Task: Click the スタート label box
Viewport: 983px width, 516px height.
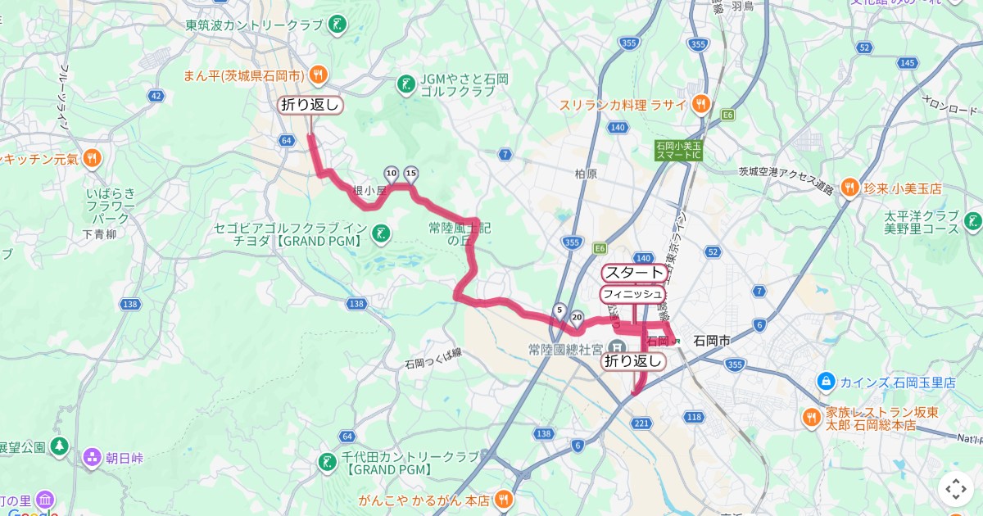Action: click(634, 273)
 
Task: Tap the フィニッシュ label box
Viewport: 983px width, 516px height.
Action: click(632, 293)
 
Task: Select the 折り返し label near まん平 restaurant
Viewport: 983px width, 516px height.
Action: click(310, 105)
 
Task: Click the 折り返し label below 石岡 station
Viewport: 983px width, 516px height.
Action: click(633, 361)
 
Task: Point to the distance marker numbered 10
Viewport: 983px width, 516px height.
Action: click(391, 173)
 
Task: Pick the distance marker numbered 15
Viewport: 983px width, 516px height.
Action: click(411, 173)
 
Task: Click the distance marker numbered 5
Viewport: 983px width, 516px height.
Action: click(559, 310)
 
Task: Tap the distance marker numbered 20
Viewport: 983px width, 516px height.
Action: click(577, 317)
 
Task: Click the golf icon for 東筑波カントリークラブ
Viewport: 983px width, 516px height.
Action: click(337, 25)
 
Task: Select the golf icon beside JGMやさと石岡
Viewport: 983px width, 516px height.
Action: click(405, 84)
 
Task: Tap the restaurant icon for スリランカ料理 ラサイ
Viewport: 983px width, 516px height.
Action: click(700, 104)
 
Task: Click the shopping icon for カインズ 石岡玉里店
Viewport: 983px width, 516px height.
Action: click(826, 382)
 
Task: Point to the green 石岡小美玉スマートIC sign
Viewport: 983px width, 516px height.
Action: click(678, 150)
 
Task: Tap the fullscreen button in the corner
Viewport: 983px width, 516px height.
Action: click(955, 489)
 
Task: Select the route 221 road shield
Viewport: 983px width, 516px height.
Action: click(641, 423)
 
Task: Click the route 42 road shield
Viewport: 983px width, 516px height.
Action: click(156, 96)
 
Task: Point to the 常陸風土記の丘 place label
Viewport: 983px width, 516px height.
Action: click(458, 233)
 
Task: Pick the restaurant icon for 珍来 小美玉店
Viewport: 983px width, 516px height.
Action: click(849, 188)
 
